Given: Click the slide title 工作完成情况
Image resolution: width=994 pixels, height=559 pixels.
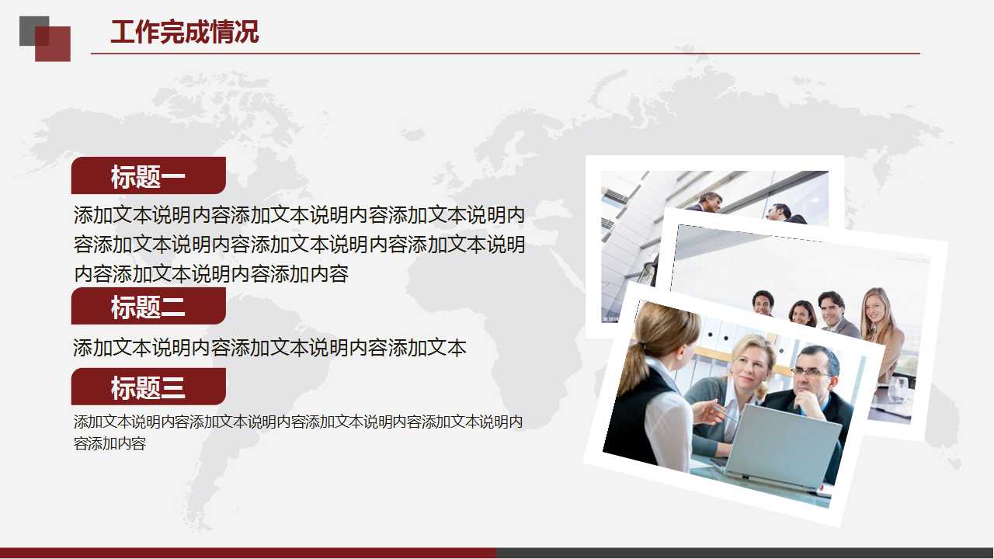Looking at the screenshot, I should (x=184, y=33).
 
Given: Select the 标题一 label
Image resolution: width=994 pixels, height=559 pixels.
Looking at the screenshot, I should (x=148, y=176).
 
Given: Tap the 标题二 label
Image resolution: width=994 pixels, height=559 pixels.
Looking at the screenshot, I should (x=148, y=307).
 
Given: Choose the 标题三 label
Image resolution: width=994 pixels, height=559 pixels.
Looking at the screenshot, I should (x=148, y=387).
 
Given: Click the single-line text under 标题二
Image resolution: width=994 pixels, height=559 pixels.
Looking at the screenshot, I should (x=269, y=348).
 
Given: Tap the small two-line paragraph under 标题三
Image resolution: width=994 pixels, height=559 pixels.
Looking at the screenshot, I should (x=298, y=432).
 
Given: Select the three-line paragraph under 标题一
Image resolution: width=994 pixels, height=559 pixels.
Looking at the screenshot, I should (x=299, y=244).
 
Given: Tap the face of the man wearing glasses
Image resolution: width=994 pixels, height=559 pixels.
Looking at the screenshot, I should (x=812, y=373).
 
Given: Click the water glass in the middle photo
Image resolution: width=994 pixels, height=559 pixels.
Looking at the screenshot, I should (x=898, y=389).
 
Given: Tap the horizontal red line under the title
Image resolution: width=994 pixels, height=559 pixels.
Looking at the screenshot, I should (x=505, y=54).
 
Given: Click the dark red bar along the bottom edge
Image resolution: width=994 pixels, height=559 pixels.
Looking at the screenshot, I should (x=248, y=553).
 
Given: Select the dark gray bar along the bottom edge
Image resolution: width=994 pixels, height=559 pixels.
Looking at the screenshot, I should (x=745, y=553).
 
